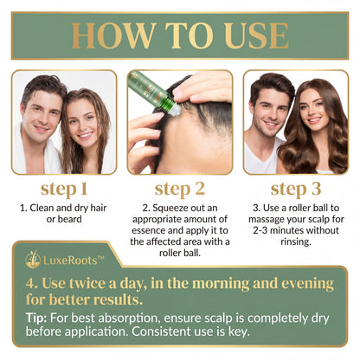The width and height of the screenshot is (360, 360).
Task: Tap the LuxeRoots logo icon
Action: point(33,258)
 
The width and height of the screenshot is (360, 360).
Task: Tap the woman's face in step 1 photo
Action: point(84,127)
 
